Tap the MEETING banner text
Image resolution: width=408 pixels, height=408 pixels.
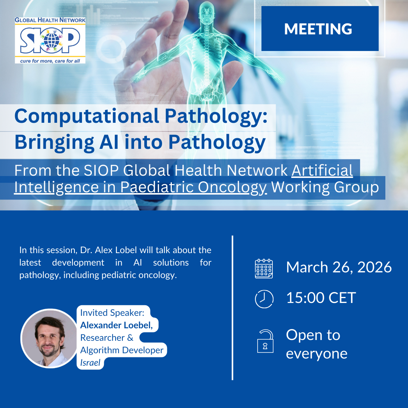tap(318, 29)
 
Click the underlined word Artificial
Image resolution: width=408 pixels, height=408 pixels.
tap(322, 170)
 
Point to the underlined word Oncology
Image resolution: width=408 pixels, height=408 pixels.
tap(233, 187)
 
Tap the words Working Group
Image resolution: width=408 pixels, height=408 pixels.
tap(325, 187)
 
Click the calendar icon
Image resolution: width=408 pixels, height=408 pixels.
tap(264, 269)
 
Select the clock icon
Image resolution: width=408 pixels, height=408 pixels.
tap(264, 299)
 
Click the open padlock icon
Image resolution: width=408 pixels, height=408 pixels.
tap(266, 341)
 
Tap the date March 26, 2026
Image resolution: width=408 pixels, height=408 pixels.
tap(339, 267)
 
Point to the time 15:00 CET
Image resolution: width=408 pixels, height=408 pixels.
tap(321, 298)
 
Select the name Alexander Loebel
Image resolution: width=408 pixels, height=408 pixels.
tap(116, 325)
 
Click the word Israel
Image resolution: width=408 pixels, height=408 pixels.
tap(90, 363)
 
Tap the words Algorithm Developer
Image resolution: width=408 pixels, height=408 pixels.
tap(122, 350)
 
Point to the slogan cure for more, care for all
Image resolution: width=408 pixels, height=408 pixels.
tap(50, 61)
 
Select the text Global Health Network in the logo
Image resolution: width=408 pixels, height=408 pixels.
tap(50, 20)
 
